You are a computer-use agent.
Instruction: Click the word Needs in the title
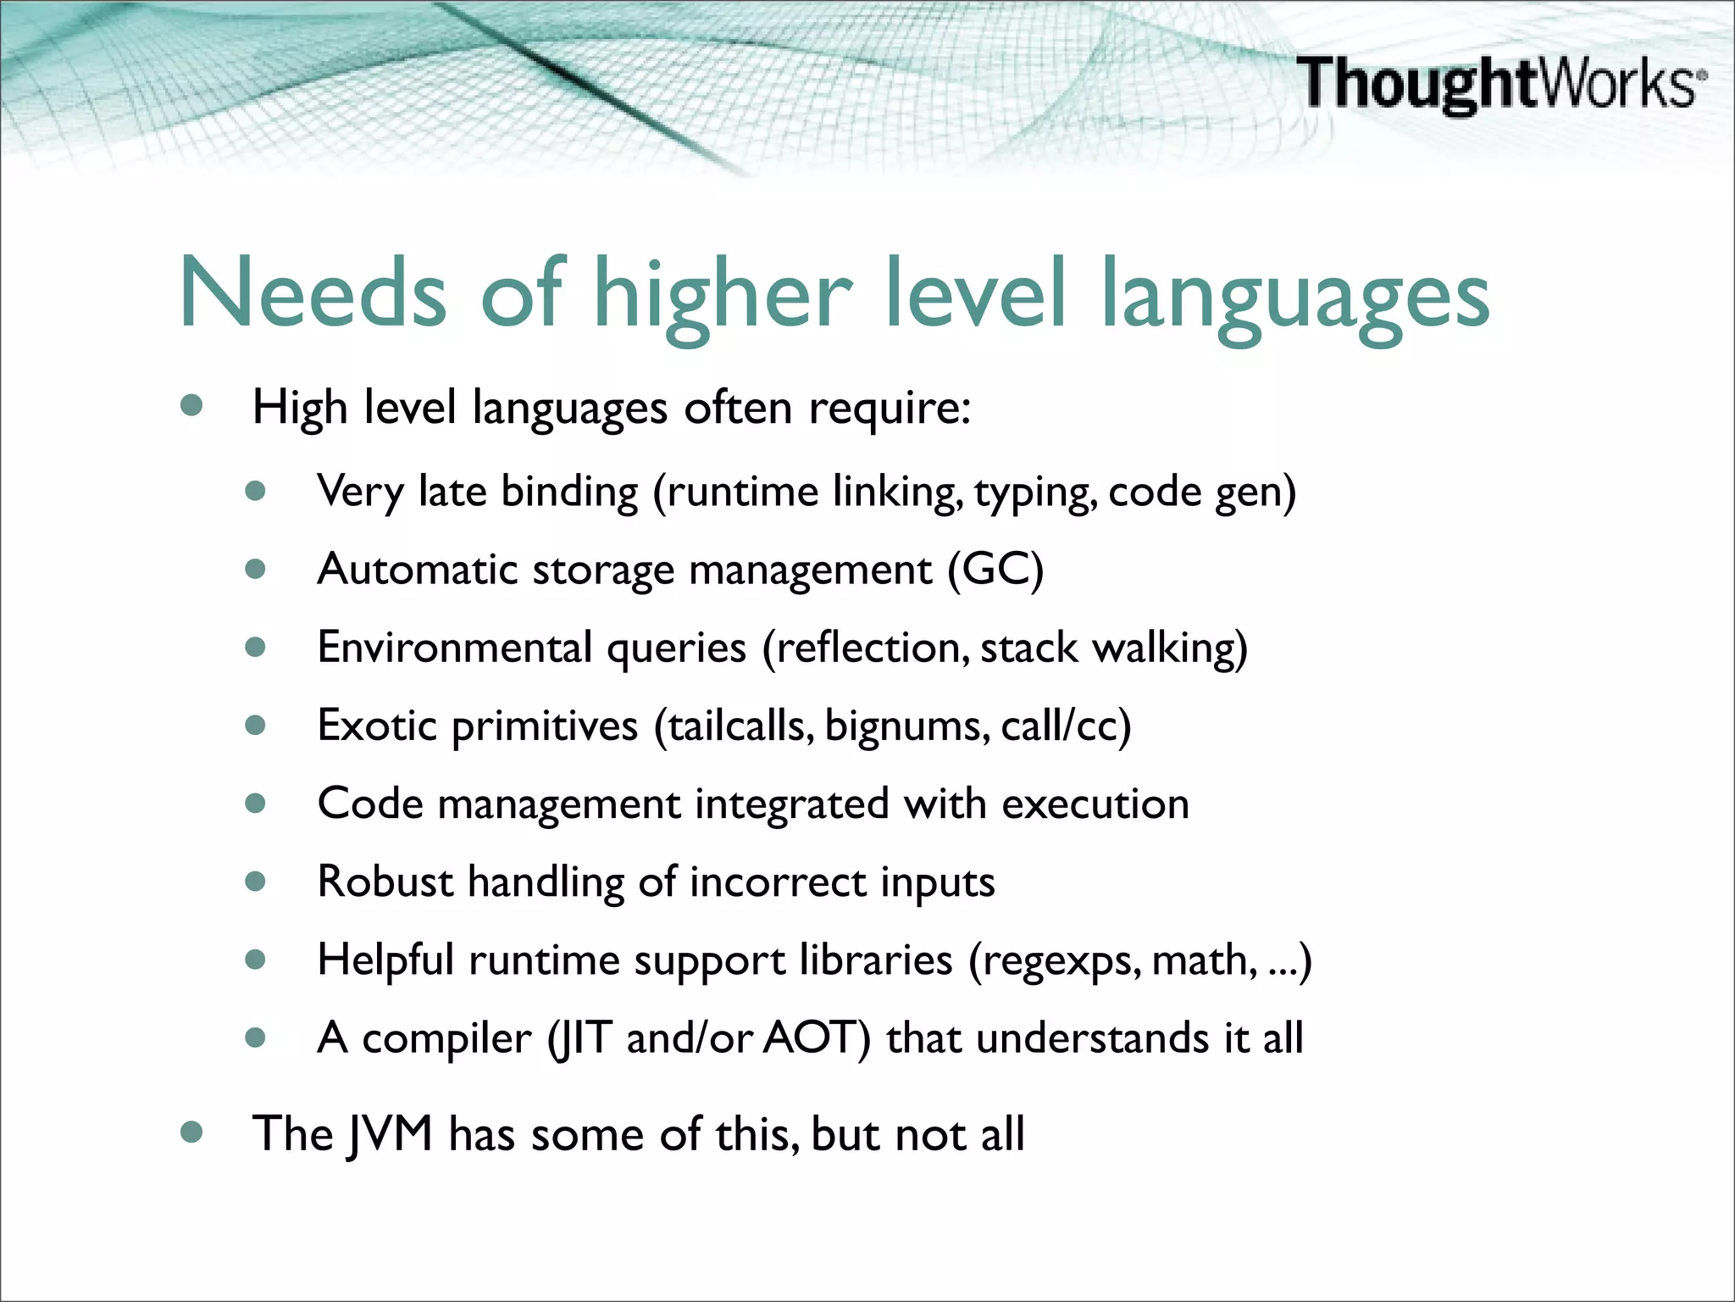(x=312, y=292)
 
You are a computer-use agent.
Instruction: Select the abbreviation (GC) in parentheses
(x=995, y=569)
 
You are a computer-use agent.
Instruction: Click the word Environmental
(x=454, y=648)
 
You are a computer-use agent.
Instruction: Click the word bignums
(x=904, y=726)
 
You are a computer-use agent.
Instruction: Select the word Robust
(x=385, y=882)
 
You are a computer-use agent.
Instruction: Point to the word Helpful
(x=385, y=960)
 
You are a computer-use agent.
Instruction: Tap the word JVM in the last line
(x=391, y=1134)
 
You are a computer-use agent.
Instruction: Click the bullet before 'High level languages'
(x=192, y=406)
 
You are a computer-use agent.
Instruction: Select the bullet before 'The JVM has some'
(x=192, y=1132)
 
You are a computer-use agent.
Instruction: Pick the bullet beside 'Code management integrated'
(x=256, y=803)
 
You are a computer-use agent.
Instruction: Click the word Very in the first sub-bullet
(x=360, y=492)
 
